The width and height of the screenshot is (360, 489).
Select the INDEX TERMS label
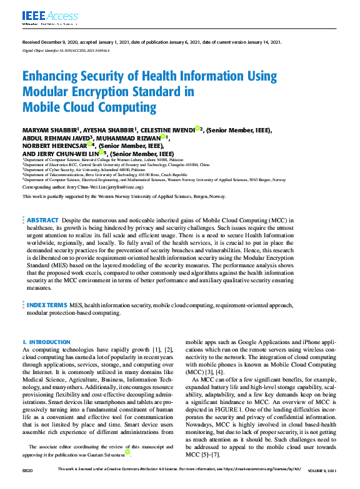(x=47, y=304)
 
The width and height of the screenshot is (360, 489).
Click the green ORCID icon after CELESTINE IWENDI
(x=197, y=129)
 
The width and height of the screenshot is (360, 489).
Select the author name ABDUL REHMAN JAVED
(x=57, y=137)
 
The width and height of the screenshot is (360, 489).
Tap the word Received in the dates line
(x=31, y=42)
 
